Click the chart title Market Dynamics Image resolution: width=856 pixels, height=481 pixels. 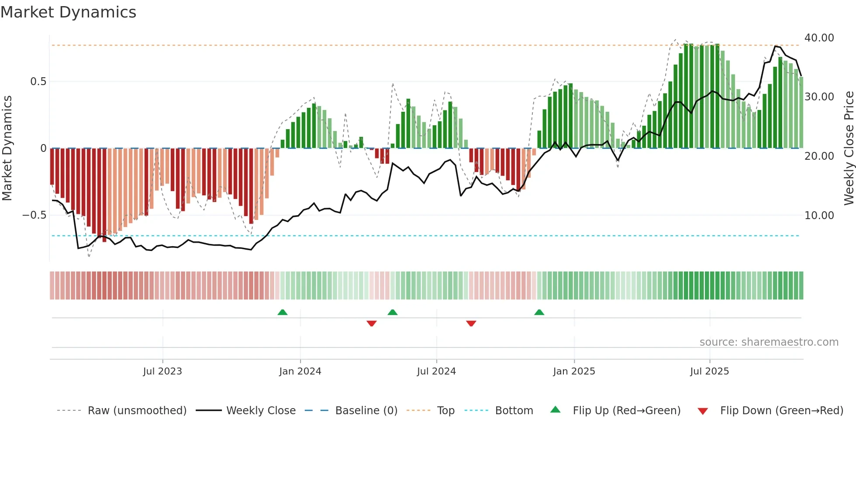tap(68, 12)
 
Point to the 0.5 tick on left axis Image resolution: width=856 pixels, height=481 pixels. tap(38, 82)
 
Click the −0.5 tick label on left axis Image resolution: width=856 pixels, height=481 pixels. tap(34, 215)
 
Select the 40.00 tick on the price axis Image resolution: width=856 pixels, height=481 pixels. tap(819, 38)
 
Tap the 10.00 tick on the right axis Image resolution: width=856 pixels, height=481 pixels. tap(819, 215)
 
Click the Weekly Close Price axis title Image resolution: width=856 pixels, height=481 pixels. tap(849, 148)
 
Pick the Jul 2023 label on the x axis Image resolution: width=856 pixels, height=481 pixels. tap(162, 371)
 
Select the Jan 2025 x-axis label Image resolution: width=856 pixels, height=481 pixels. tap(574, 371)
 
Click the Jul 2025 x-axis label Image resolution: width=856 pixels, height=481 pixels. tap(709, 371)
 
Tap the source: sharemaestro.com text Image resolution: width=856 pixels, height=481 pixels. tap(769, 342)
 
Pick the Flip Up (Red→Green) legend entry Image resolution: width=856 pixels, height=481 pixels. tap(626, 411)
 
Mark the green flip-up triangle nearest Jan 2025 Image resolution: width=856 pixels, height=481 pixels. tap(539, 312)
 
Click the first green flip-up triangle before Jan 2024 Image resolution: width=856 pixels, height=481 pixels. tap(283, 312)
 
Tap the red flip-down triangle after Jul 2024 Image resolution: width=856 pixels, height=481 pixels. tap(471, 323)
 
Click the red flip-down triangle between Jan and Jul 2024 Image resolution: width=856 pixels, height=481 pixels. tap(372, 323)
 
